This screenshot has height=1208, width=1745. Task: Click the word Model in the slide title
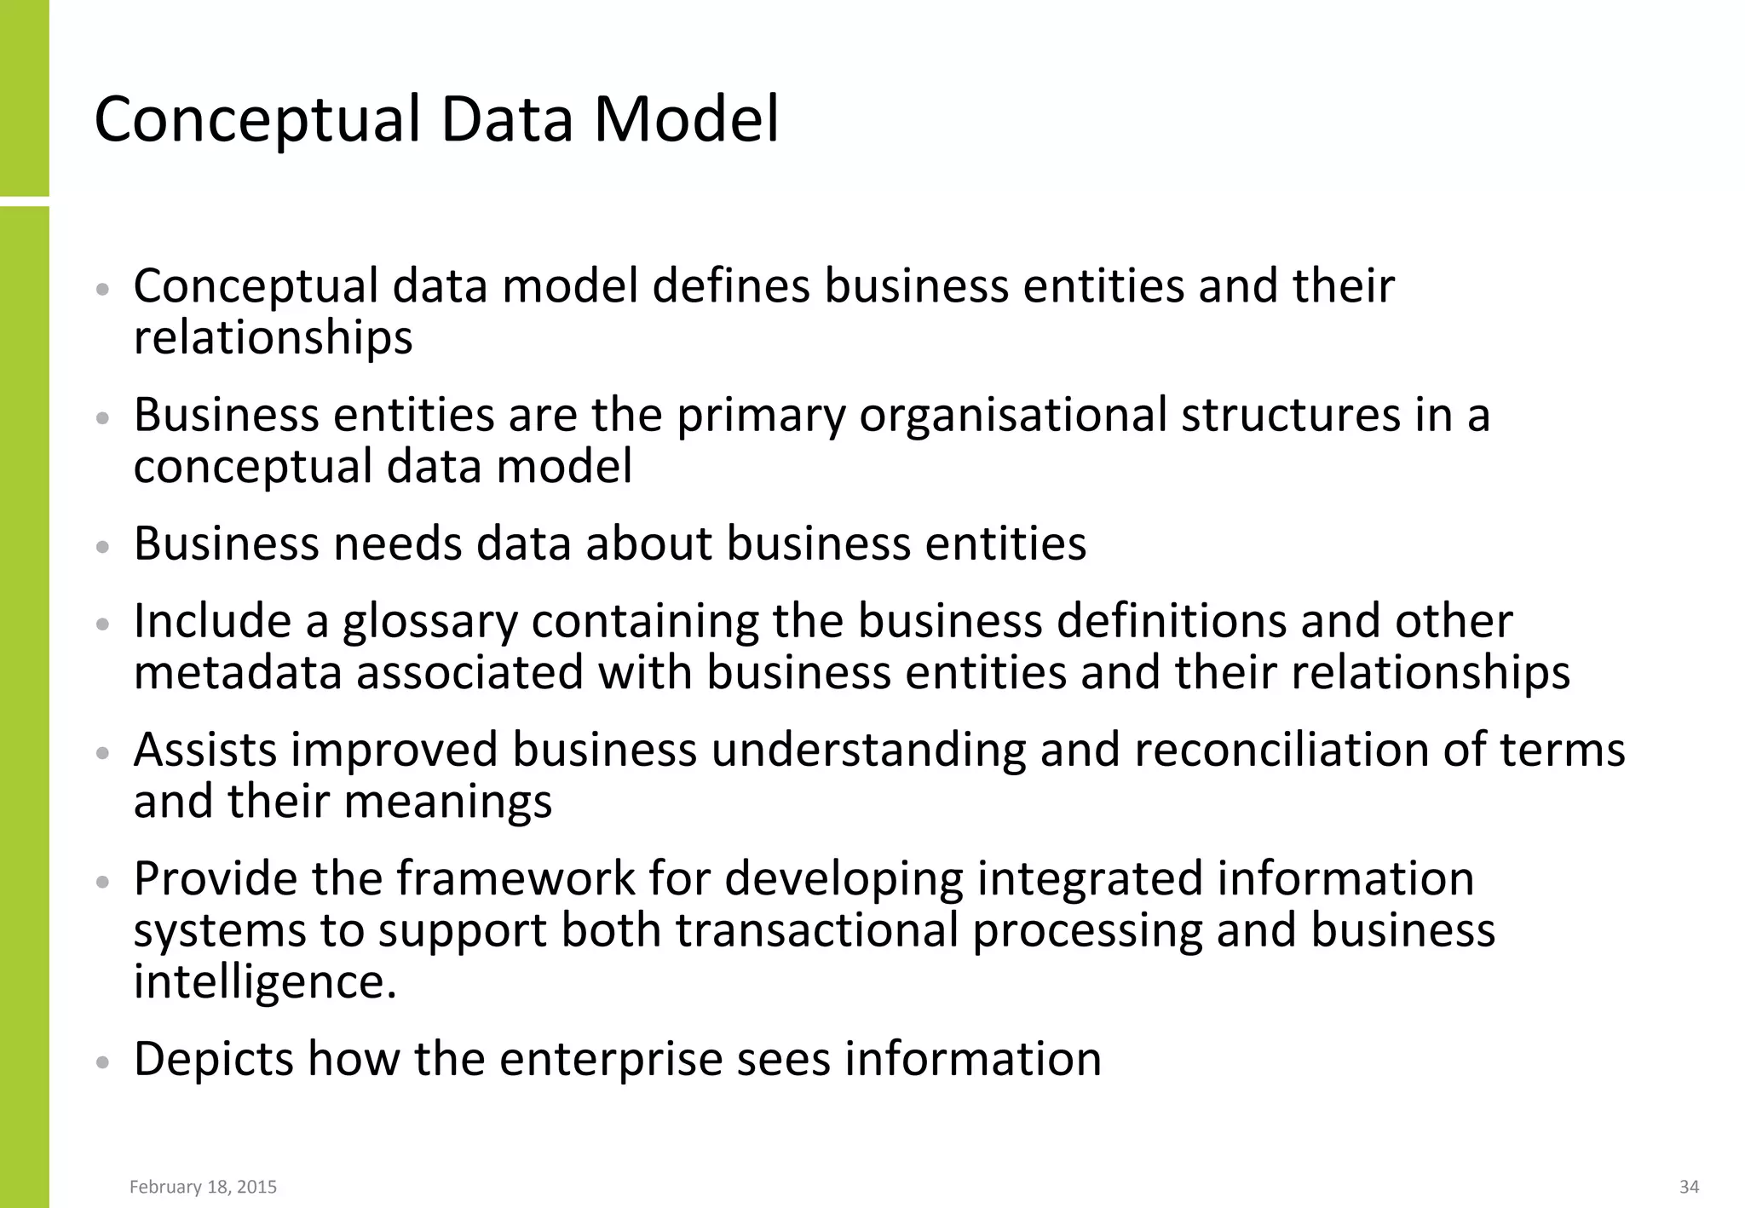point(686,119)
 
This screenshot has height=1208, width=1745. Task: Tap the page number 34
point(1689,1187)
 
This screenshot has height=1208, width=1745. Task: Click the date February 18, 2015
point(203,1187)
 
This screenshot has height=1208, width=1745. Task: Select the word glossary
point(430,623)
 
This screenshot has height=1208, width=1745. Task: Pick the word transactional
point(817,929)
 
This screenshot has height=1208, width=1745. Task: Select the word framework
point(515,878)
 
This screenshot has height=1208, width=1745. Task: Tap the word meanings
point(448,802)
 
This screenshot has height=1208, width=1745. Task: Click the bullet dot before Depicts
point(103,1062)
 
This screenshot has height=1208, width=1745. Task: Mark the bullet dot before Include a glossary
point(103,624)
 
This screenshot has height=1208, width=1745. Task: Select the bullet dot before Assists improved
point(103,753)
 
